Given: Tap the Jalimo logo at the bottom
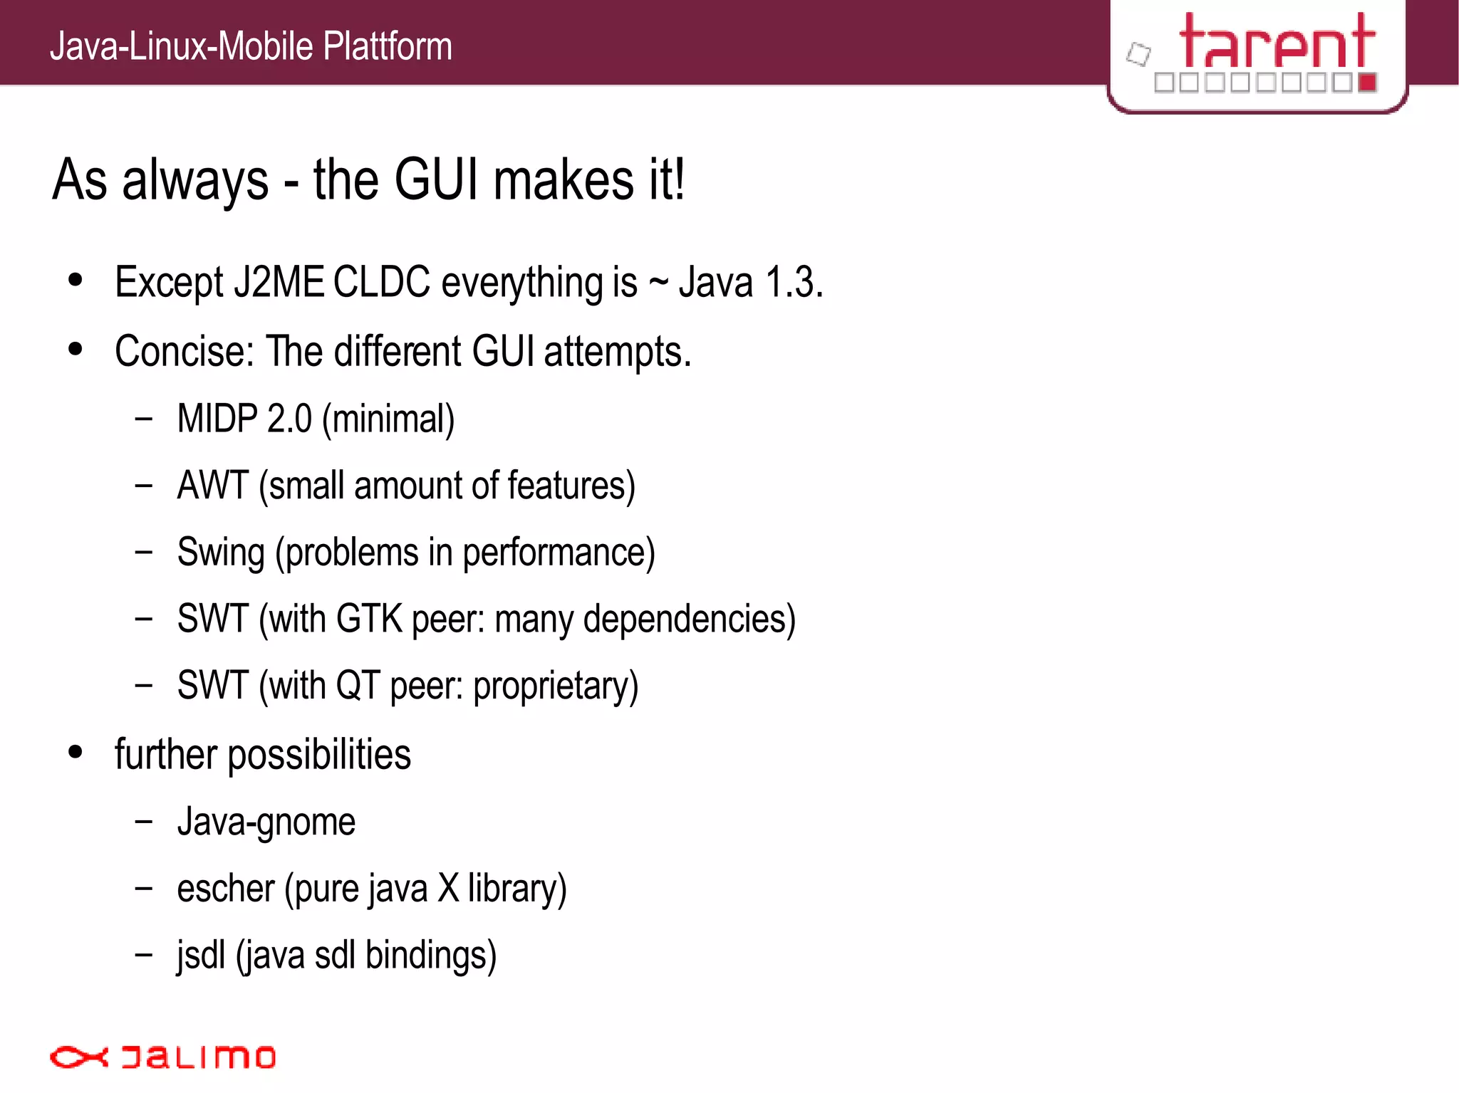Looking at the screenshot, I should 162,1057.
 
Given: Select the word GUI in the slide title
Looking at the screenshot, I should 436,179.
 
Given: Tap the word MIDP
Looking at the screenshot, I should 217,418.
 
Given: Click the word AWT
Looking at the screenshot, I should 212,485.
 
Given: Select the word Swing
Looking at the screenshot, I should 221,553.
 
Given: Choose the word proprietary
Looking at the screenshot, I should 556,686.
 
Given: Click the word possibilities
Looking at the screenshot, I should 319,755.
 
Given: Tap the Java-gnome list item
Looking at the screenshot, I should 266,822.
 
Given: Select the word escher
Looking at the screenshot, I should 225,889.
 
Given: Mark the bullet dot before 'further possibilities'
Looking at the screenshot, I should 76,752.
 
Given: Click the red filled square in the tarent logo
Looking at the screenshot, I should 1367,83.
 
